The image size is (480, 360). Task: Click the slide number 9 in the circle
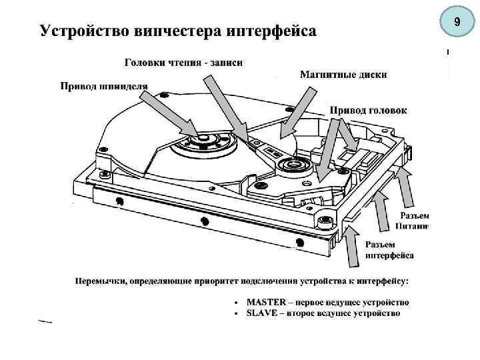point(457,23)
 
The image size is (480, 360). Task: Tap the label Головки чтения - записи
point(184,63)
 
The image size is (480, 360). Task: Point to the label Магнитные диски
point(343,75)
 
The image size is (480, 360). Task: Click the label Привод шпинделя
point(105,85)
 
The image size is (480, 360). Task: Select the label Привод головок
point(368,109)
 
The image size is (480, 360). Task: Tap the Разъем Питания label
point(413,221)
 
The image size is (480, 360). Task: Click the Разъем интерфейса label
point(389,250)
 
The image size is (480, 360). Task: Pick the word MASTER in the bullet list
point(267,302)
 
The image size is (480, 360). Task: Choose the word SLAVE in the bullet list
point(263,313)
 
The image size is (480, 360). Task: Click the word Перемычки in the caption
point(100,280)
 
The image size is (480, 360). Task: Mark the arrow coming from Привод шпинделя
point(170,113)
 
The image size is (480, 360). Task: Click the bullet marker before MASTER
point(237,303)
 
